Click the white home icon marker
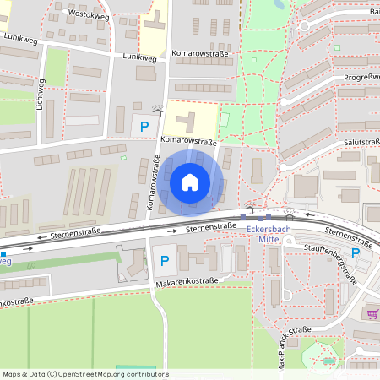coord(190,182)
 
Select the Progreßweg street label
coord(361,77)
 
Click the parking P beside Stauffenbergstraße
coord(356,252)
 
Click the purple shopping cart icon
coord(372,313)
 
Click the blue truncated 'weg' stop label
coord(6,261)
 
